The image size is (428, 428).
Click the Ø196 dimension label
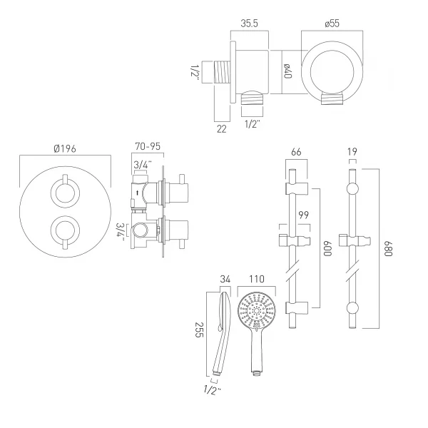coord(65,149)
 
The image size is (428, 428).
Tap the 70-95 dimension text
coord(148,146)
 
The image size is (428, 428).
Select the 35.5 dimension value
coord(249,24)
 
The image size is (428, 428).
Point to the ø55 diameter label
coord(332,24)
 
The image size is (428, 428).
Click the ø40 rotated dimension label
coord(287,71)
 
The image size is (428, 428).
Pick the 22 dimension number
coord(222,129)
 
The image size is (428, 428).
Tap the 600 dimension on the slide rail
coord(327,249)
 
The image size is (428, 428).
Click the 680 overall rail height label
coord(388,249)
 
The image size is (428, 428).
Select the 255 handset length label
coord(199,330)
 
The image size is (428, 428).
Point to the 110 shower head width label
coord(257,279)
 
